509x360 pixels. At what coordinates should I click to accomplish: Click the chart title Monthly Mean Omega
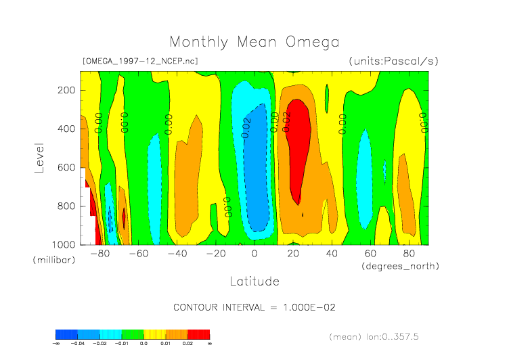point(254,43)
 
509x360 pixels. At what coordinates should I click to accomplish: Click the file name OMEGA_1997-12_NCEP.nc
point(139,61)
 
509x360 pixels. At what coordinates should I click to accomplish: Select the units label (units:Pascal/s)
point(393,61)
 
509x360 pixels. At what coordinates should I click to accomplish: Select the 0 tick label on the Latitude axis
point(255,254)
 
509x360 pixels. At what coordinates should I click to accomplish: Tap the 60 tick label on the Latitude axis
point(370,254)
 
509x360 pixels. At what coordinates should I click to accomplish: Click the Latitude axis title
point(254,280)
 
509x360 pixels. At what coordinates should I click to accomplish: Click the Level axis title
point(39,156)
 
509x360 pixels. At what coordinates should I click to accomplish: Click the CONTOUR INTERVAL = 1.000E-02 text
point(255,307)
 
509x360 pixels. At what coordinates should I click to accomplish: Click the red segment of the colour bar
point(198,334)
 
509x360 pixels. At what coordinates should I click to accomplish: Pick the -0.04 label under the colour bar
point(78,344)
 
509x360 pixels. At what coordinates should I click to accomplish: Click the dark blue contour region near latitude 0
point(256,169)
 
